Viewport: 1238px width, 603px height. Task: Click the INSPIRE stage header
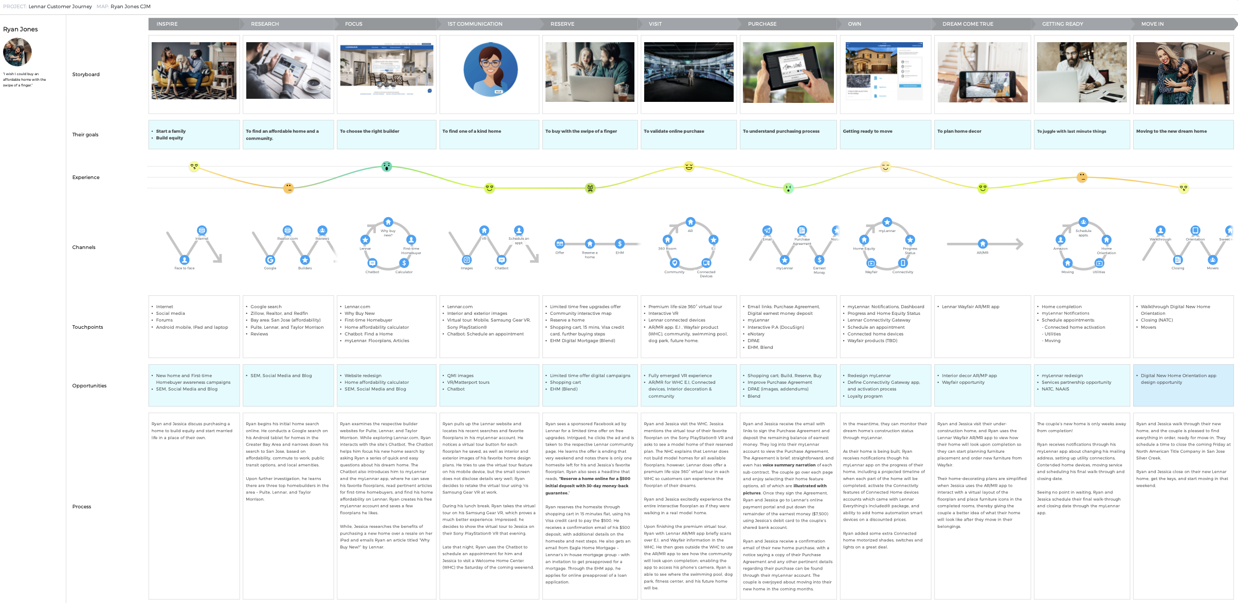[167, 24]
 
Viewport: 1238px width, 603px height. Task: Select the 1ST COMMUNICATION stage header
[475, 24]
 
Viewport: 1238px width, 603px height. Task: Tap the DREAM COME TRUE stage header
[968, 24]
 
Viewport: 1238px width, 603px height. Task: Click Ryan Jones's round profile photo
[17, 52]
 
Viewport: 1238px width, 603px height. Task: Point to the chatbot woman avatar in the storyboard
[490, 70]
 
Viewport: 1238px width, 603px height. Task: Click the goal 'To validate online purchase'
[673, 131]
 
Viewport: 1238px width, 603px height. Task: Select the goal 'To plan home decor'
[959, 131]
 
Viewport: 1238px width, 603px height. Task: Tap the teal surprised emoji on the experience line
[387, 166]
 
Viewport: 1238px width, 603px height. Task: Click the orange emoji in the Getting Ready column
[1082, 178]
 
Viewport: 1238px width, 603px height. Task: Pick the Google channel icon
[270, 260]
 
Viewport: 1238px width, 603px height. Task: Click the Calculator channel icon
[404, 263]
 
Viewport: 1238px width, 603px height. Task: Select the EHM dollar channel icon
[620, 244]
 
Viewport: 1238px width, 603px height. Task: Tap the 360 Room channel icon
[667, 240]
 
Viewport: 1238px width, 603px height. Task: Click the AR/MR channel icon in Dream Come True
[982, 244]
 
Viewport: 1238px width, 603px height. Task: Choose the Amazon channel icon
[1060, 240]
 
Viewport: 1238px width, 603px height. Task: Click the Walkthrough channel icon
[1160, 230]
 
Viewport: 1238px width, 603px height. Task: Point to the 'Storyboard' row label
[86, 75]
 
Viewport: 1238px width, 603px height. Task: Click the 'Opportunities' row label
[89, 386]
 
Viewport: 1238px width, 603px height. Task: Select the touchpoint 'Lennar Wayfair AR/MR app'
[970, 307]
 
